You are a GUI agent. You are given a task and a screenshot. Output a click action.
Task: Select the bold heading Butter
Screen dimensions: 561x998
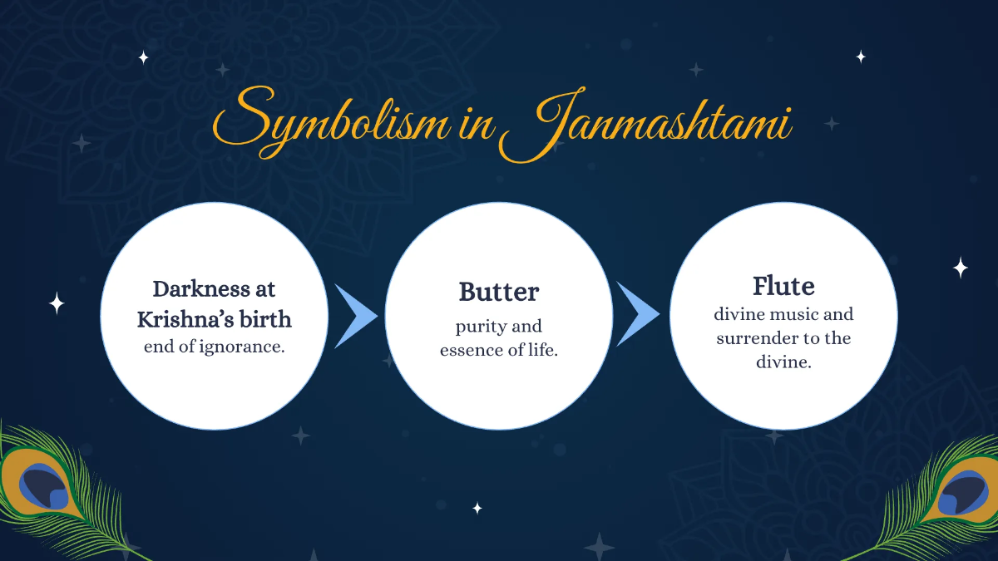[x=499, y=292]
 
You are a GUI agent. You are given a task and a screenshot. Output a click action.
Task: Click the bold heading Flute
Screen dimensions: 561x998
[x=783, y=286]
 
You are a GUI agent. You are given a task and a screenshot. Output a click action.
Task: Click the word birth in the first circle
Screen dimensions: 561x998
[x=264, y=318]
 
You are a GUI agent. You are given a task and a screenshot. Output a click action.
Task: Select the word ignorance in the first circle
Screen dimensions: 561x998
[x=242, y=347]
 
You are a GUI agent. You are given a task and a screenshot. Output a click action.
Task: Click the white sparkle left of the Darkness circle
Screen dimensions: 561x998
[x=57, y=303]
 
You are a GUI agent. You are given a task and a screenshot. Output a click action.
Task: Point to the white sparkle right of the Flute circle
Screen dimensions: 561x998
[x=960, y=268]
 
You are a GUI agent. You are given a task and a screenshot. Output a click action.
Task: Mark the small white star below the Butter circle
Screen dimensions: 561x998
[x=477, y=508]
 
